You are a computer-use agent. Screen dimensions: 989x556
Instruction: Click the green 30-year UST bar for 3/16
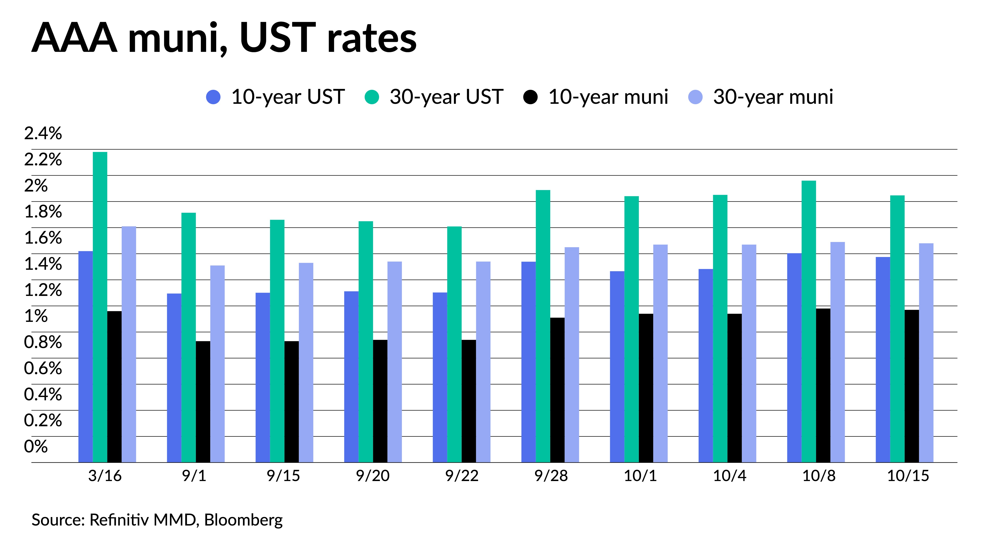[100, 307]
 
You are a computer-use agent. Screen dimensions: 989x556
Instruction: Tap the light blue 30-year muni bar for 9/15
[306, 363]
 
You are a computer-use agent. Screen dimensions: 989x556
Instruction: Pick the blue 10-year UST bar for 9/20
[351, 377]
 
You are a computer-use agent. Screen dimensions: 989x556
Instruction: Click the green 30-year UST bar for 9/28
[543, 326]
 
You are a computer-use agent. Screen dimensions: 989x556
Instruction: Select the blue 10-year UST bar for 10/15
[883, 360]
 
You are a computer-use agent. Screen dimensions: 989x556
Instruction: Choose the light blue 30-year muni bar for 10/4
[749, 353]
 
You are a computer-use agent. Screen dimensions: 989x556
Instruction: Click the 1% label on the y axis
[36, 316]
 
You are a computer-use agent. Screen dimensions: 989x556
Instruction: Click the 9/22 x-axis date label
[462, 476]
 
